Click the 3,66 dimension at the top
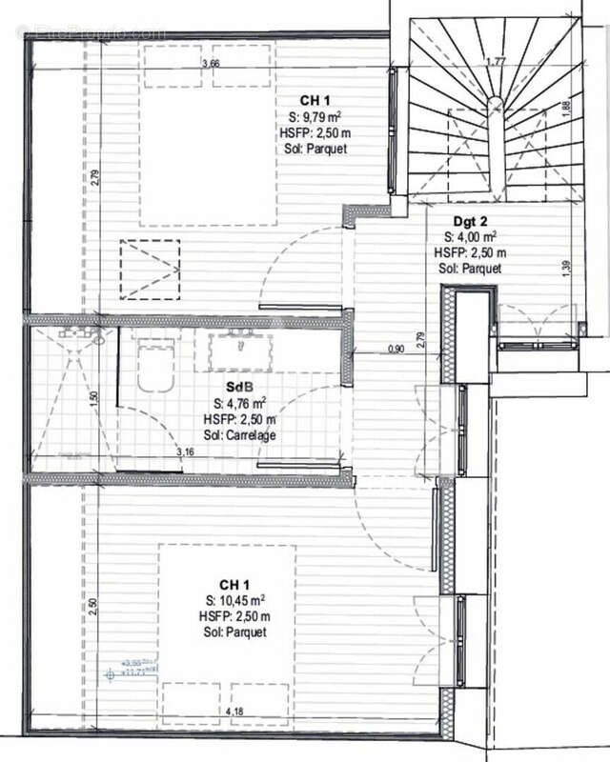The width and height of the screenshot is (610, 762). pos(211,63)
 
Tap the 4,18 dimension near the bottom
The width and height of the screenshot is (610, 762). pos(234,711)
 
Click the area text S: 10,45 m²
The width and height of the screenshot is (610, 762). pos(234,600)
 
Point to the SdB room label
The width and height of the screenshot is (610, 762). pos(239,388)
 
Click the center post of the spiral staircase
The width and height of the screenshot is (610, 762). pos(495,102)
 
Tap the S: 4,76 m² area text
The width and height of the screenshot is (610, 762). pos(239,404)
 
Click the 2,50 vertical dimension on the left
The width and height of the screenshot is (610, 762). pos(93,608)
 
